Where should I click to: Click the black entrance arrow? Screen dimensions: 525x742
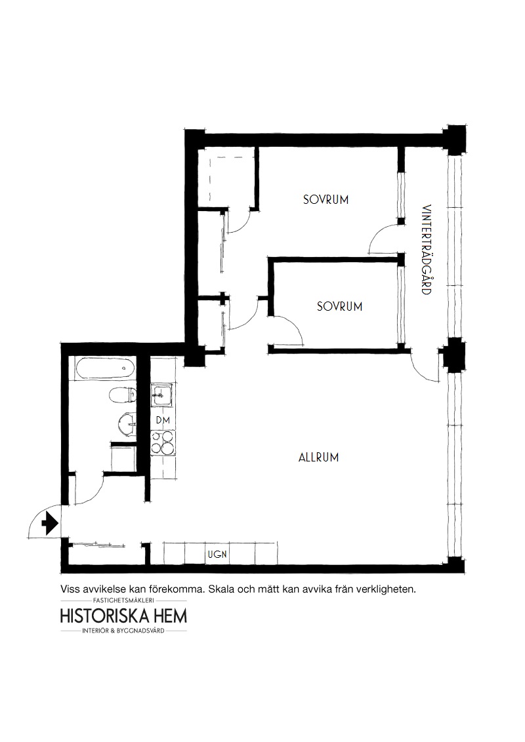coord(51,524)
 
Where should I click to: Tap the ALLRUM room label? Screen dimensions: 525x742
coord(318,458)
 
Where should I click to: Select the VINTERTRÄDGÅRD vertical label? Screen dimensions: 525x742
coord(427,249)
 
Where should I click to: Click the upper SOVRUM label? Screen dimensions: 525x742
coord(325,200)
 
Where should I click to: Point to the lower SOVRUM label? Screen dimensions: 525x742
coord(339,306)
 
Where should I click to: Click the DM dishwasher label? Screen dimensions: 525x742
coord(163,420)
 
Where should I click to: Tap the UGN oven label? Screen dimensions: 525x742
coord(217,554)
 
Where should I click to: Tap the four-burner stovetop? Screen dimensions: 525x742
coord(163,443)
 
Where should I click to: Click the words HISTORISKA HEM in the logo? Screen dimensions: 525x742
coord(123,615)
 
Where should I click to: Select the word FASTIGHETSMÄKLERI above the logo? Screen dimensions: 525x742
coord(123,600)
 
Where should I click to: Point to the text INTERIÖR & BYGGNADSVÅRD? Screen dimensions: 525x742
coord(123,631)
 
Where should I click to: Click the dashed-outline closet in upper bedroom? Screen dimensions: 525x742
coord(227,176)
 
